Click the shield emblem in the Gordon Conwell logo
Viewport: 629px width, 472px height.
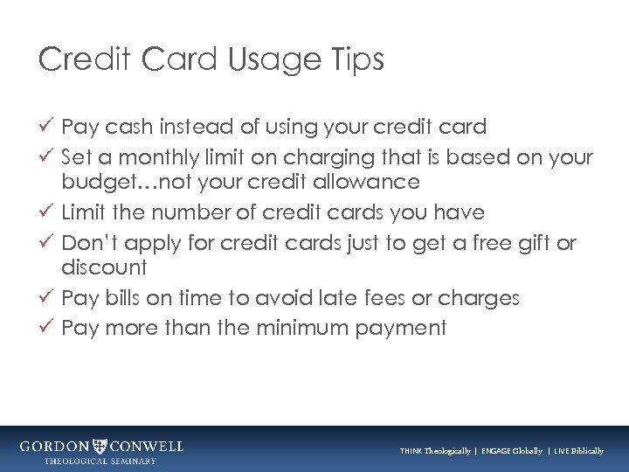point(102,446)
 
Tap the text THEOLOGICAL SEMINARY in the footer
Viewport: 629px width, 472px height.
point(101,461)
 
